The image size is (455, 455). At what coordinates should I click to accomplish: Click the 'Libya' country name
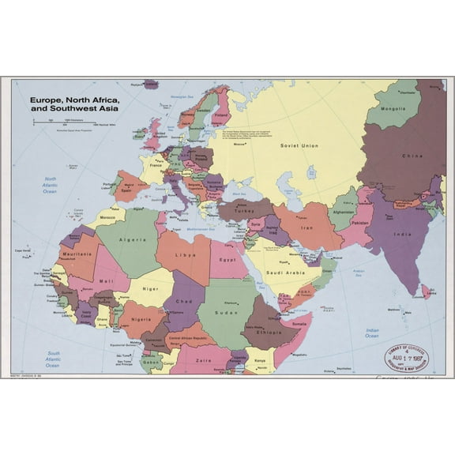tap(185, 255)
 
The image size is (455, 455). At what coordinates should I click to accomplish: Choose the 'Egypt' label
tap(227, 259)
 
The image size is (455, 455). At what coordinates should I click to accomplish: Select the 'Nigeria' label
tap(142, 321)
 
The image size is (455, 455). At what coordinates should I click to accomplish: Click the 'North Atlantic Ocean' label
tap(51, 184)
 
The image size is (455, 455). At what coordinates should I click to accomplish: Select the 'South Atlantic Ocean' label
tap(53, 359)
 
